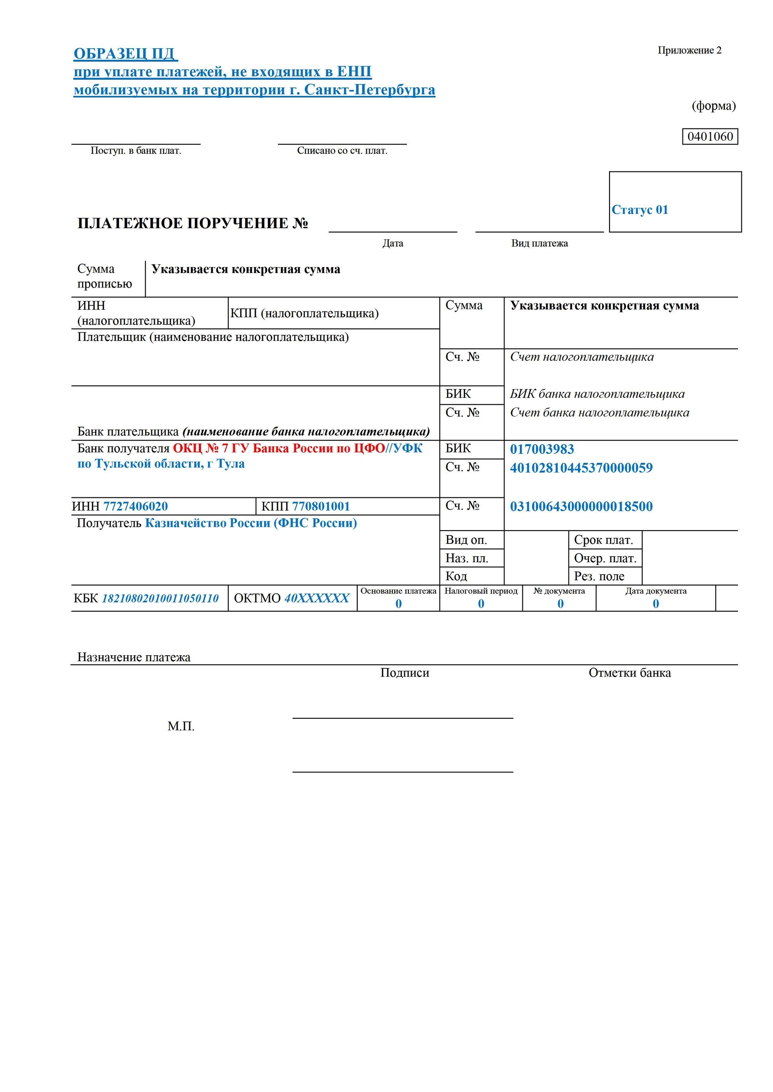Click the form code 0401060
710,136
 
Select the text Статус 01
640,210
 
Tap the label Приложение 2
689,50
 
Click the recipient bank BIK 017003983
542,449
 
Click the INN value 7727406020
135,506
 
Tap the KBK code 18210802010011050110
160,598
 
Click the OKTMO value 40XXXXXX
317,598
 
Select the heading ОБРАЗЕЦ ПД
125,54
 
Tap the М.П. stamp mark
181,726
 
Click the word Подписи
405,673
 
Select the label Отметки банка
629,673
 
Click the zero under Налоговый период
481,604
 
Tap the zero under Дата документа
656,604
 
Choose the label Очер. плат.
604,558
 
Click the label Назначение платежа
134,657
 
